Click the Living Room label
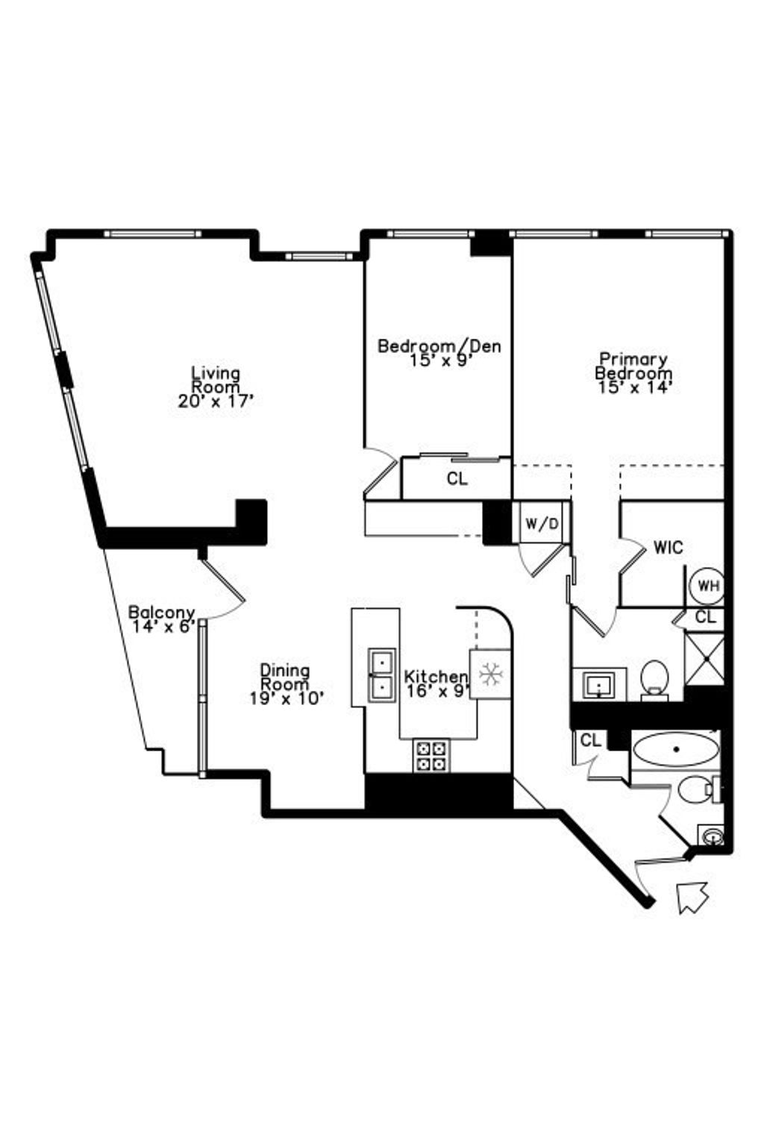click(x=216, y=379)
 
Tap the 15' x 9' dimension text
click(x=439, y=360)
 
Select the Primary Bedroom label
click(x=633, y=366)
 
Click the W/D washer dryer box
click(x=542, y=523)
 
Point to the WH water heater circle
click(x=708, y=585)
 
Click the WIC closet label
click(x=668, y=548)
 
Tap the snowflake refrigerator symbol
click(x=490, y=674)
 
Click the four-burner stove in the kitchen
click(x=431, y=756)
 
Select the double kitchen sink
click(x=382, y=675)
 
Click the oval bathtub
click(x=675, y=749)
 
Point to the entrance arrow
click(x=692, y=896)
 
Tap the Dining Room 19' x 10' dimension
click(x=286, y=698)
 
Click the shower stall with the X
click(x=704, y=659)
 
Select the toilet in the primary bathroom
click(x=654, y=678)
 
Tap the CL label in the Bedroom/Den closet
click(x=457, y=479)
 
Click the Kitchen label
click(x=436, y=677)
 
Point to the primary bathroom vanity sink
click(x=598, y=684)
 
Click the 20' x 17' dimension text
click(x=216, y=401)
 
